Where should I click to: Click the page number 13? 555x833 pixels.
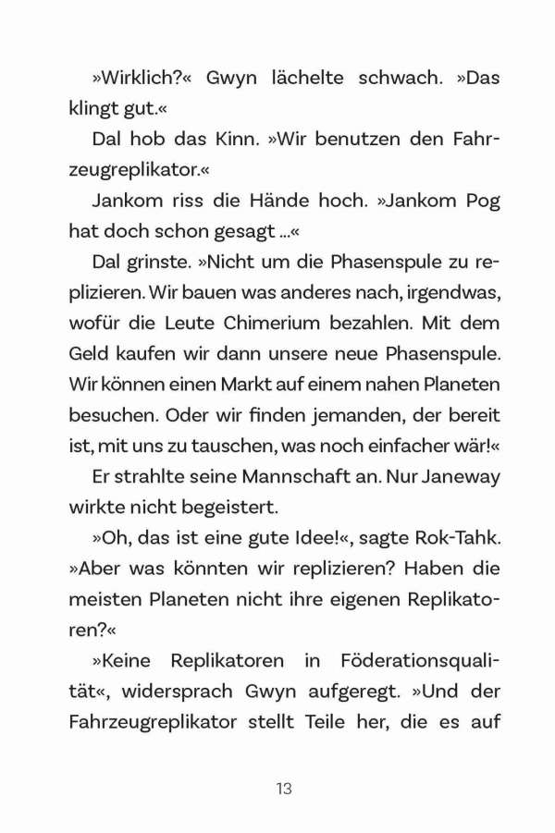[x=284, y=789]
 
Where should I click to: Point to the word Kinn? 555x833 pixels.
[x=220, y=140]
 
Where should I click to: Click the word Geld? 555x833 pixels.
[x=90, y=353]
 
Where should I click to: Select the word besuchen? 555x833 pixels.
[x=111, y=414]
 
